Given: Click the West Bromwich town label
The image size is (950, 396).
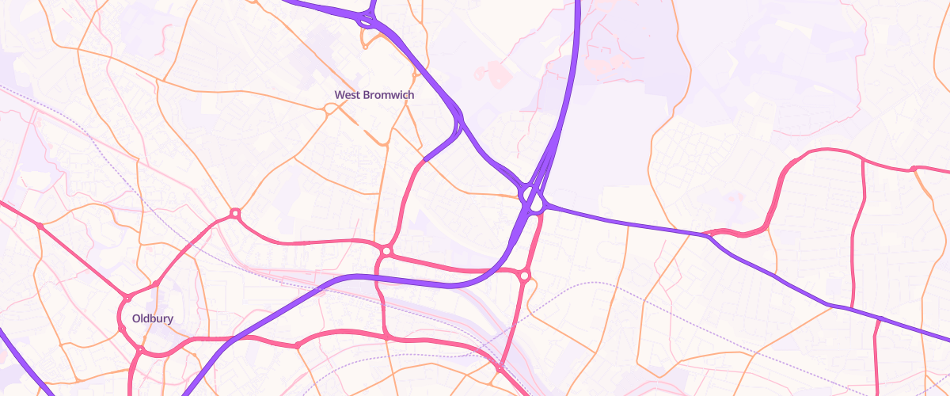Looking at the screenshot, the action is pyautogui.click(x=374, y=95).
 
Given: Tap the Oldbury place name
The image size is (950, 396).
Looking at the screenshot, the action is pyautogui.click(x=152, y=319).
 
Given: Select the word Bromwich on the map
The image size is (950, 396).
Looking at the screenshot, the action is pyautogui.click(x=388, y=95).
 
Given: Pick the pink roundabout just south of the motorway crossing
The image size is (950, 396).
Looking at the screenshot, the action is pyautogui.click(x=524, y=276).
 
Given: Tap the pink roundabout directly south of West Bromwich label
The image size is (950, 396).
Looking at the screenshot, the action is pyautogui.click(x=386, y=251).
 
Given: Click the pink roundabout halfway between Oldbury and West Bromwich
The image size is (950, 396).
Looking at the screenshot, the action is pyautogui.click(x=235, y=214).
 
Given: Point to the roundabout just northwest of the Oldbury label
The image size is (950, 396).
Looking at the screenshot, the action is pyautogui.click(x=127, y=299).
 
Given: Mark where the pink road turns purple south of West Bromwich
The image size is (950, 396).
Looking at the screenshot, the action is pyautogui.click(x=425, y=160).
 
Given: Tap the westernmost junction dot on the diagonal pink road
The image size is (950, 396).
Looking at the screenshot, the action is pyautogui.click(x=40, y=226).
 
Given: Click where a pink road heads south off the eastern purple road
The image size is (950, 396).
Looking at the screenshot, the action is pyautogui.click(x=880, y=319).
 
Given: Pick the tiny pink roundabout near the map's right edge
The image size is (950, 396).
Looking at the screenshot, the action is pyautogui.click(x=913, y=168).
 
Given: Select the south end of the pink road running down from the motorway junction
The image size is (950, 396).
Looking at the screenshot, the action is pyautogui.click(x=500, y=369).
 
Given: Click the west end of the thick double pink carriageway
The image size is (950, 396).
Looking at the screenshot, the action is pyautogui.click(x=706, y=234).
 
